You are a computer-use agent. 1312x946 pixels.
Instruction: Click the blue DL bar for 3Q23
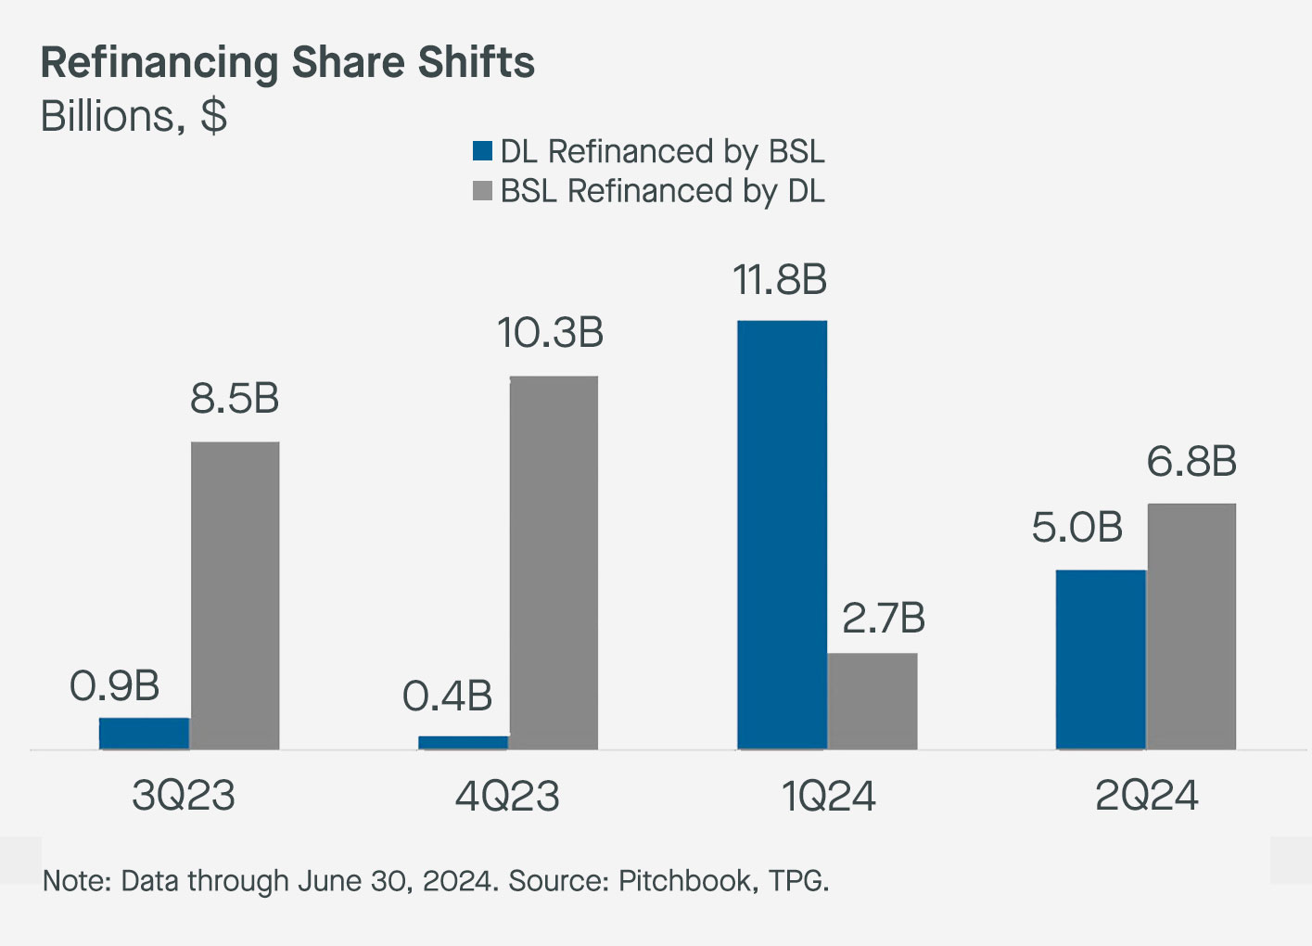[x=144, y=734]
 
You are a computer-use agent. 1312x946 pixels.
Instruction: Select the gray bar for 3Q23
[x=235, y=595]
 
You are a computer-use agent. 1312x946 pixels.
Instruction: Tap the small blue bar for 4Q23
[x=463, y=742]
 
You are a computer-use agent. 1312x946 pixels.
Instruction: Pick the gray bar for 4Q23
[x=554, y=563]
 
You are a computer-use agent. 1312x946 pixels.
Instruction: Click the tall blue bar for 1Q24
[x=782, y=535]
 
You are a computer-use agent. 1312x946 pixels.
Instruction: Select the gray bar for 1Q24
[x=873, y=701]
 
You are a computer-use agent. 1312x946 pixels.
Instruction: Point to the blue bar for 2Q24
[x=1101, y=659]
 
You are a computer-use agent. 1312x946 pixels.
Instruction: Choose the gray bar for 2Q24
[x=1191, y=626]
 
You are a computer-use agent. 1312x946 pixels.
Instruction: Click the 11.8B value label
[x=780, y=280]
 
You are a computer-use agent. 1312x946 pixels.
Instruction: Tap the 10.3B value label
[x=551, y=334]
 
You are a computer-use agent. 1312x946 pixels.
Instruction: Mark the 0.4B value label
[x=447, y=697]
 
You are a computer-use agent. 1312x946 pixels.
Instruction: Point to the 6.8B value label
[x=1191, y=462]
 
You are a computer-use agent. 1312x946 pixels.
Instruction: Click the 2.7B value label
[x=884, y=619]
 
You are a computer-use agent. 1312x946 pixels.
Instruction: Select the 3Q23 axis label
[x=184, y=796]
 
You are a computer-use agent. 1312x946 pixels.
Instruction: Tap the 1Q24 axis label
[x=829, y=796]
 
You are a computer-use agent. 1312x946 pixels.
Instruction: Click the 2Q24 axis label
[x=1147, y=796]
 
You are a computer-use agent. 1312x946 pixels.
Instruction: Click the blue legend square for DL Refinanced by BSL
[x=482, y=151]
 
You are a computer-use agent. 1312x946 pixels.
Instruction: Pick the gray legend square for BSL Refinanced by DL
[x=482, y=191]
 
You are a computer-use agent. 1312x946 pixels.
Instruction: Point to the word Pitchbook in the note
[x=685, y=880]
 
